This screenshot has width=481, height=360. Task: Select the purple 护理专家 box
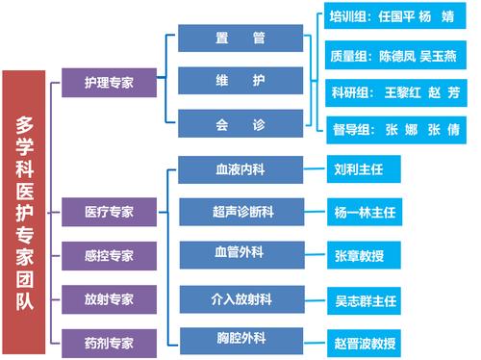(109, 83)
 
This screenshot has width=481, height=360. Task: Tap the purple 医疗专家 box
(109, 210)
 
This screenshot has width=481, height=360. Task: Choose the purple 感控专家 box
(109, 255)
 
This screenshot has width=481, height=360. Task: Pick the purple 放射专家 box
(109, 298)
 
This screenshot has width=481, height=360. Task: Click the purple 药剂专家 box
(109, 341)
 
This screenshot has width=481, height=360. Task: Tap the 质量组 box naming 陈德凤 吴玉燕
(394, 55)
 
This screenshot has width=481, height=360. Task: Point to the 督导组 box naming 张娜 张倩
(394, 129)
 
